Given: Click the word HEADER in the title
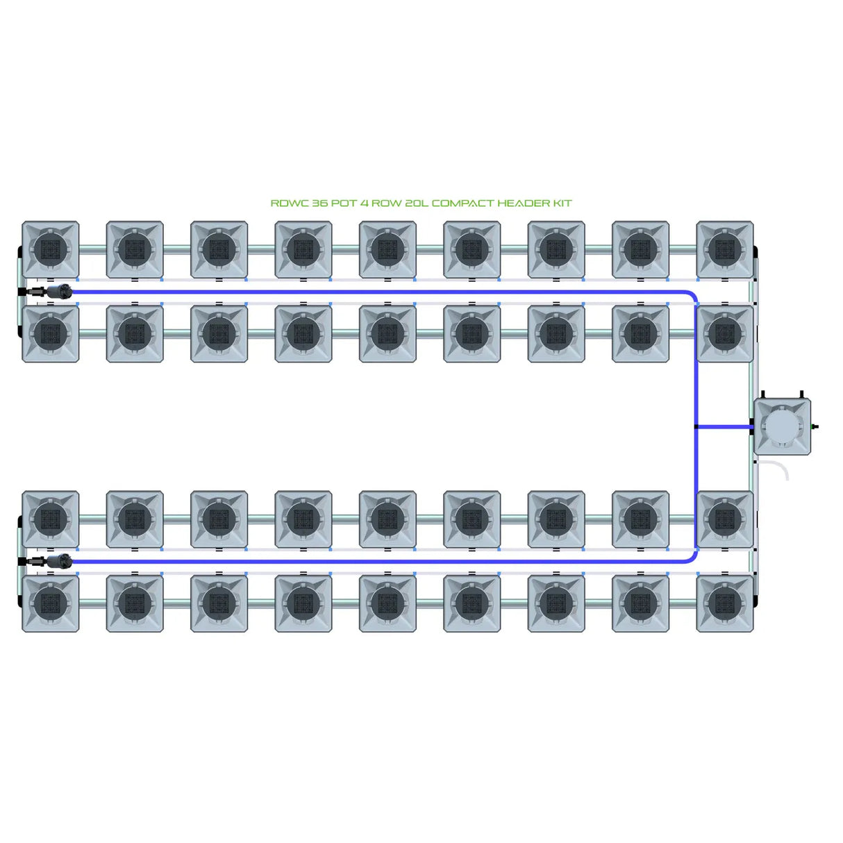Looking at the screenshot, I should coord(524,203).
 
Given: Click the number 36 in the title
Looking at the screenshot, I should coord(319,203).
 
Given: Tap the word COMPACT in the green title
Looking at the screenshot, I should coord(462,203).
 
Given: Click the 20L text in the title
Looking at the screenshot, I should coord(413,203).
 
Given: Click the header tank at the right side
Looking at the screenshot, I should coord(782,426).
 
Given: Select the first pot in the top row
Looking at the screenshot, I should coord(51,249).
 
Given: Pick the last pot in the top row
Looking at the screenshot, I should coord(724,249).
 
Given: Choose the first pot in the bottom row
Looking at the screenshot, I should coord(51,603).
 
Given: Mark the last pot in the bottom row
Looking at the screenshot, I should coord(724,603).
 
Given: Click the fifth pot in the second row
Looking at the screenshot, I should coord(387,334).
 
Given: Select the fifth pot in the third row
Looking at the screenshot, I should coord(387,519).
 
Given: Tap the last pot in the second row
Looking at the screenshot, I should coord(724,334).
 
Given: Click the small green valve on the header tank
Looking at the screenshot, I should coord(815,426).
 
